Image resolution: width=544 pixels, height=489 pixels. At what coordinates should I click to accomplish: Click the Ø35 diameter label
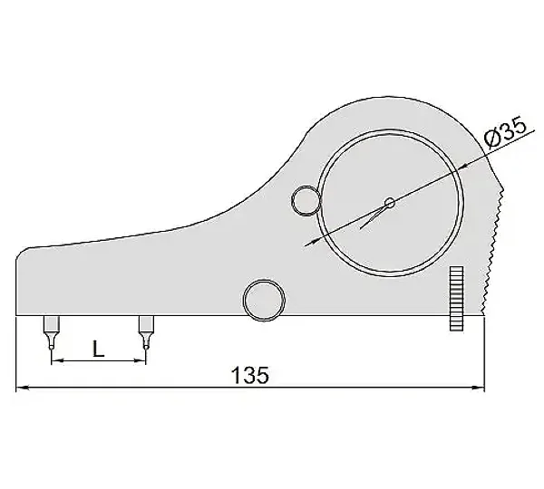[506, 132]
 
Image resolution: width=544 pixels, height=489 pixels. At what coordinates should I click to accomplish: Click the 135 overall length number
[250, 375]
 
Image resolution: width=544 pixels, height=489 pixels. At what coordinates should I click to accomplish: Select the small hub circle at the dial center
[390, 203]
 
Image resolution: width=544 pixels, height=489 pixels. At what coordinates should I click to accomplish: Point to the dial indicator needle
[373, 216]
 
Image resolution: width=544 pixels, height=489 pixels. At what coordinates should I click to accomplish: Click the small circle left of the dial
[306, 201]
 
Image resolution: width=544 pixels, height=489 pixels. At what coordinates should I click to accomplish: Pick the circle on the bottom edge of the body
[265, 301]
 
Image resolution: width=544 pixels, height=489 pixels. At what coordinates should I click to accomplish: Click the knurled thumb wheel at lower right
[456, 299]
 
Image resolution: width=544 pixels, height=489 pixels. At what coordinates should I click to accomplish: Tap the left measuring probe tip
[52, 347]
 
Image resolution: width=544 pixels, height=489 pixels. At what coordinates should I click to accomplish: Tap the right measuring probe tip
[146, 346]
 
